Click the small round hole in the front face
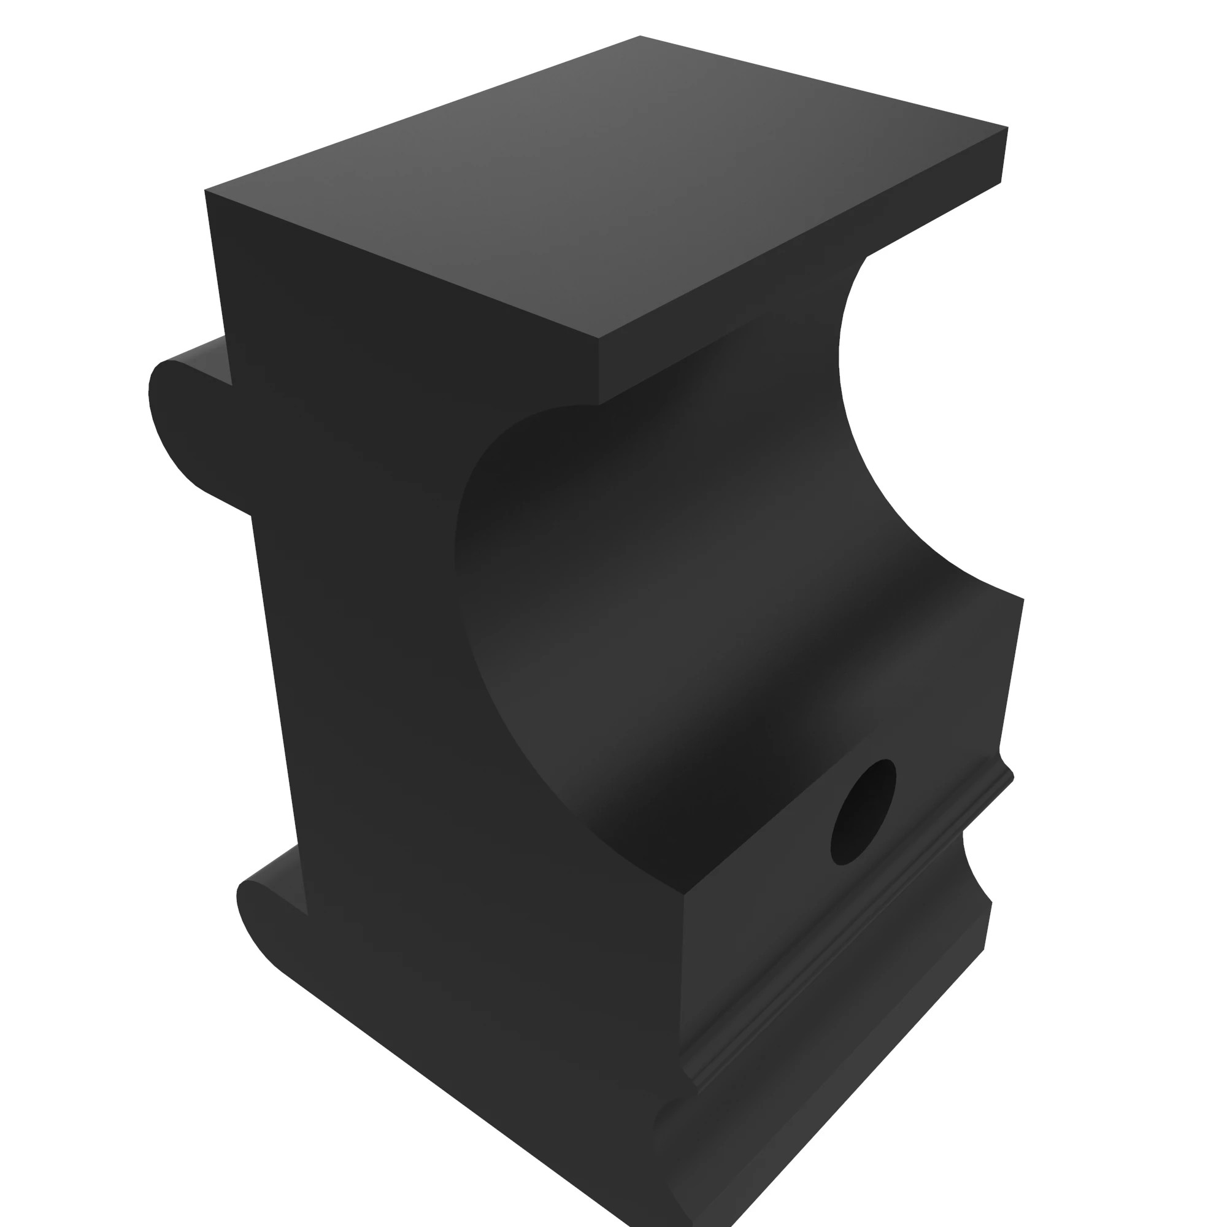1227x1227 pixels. pos(863,812)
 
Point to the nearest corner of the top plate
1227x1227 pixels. pos(599,339)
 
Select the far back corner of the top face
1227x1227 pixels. pos(640,36)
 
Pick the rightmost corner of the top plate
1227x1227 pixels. pos(1008,128)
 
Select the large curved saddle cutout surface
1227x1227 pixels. pos(667,603)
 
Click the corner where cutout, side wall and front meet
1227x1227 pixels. pos(685,895)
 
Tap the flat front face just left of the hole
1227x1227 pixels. pos(762,889)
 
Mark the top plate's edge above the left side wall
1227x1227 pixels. pos(400,264)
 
